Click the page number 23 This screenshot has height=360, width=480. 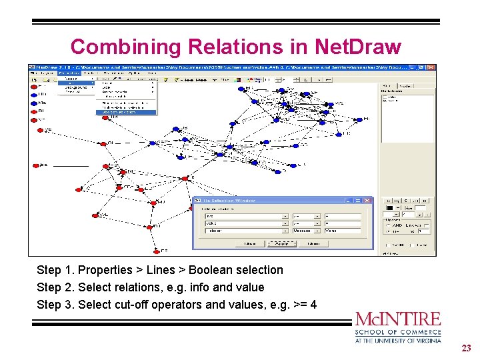pyautogui.click(x=465, y=348)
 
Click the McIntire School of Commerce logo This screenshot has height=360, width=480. pyautogui.click(x=398, y=327)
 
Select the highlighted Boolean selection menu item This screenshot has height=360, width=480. pyautogui.click(x=127, y=113)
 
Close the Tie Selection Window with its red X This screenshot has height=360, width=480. pyautogui.click(x=368, y=200)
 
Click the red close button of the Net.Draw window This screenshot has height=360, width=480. pyautogui.click(x=431, y=67)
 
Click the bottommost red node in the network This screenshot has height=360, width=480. pyautogui.click(x=154, y=251)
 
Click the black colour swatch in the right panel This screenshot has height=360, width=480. pyautogui.click(x=389, y=208)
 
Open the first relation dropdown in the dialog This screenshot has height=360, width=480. pyautogui.click(x=285, y=216)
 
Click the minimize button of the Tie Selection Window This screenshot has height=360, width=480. pyautogui.click(x=349, y=200)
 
